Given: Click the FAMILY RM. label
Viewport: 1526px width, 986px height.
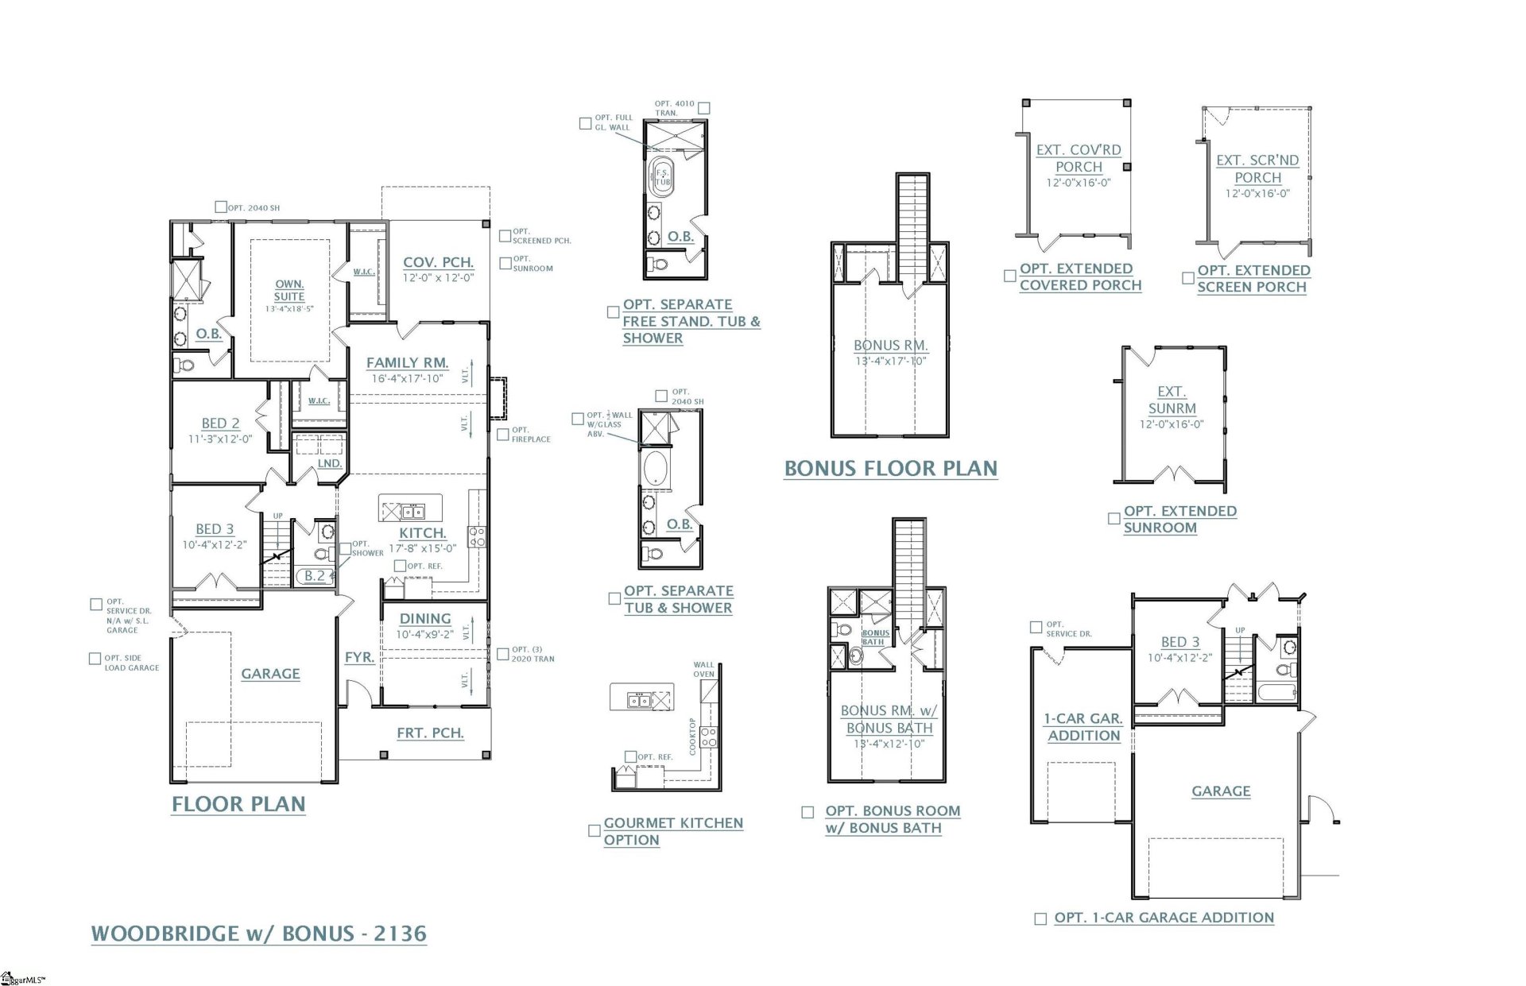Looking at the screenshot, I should point(407,362).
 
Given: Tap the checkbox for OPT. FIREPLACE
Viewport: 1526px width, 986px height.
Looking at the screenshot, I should point(503,435).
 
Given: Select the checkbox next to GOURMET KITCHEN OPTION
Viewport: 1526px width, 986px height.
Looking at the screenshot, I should point(594,830).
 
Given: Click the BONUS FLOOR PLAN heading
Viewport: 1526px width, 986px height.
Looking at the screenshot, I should point(890,469).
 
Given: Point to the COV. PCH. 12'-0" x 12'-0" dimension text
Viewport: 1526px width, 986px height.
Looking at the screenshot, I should point(438,278).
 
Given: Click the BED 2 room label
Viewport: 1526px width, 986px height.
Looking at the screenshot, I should point(220,423).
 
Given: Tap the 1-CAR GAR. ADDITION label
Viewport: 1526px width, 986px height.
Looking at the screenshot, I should point(1083,726).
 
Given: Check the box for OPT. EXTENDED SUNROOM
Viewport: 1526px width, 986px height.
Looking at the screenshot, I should point(1114,518).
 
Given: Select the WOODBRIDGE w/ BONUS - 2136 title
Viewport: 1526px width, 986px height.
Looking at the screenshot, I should point(259,933).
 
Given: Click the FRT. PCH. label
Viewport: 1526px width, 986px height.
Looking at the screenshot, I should point(430,733).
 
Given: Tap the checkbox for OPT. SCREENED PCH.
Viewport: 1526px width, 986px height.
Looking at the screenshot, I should point(505,236).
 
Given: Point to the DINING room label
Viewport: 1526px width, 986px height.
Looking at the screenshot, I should point(425,618).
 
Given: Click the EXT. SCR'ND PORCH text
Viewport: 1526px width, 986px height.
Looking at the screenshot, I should point(1257,168).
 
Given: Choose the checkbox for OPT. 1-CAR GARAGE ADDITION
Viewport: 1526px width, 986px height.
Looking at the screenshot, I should point(1040,918).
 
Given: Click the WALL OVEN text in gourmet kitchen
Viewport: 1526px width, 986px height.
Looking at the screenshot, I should point(703,669).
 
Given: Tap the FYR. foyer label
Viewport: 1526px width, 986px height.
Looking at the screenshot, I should point(359,657).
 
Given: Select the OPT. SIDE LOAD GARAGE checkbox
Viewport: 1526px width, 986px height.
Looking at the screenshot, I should point(95,659).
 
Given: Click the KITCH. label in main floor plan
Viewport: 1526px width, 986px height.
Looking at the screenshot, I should point(422,533).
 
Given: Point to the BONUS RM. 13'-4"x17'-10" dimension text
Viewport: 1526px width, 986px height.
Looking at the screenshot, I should point(890,361).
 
